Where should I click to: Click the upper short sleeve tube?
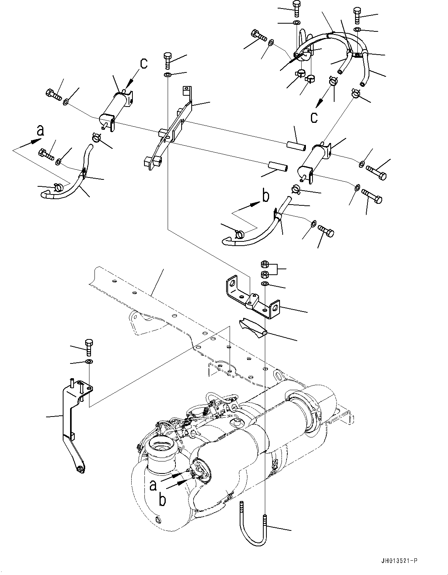(x=296, y=147)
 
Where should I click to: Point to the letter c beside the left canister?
(x=144, y=64)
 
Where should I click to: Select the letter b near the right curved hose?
(x=265, y=196)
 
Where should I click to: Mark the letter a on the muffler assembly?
(x=154, y=485)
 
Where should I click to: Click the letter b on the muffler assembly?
(x=163, y=500)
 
